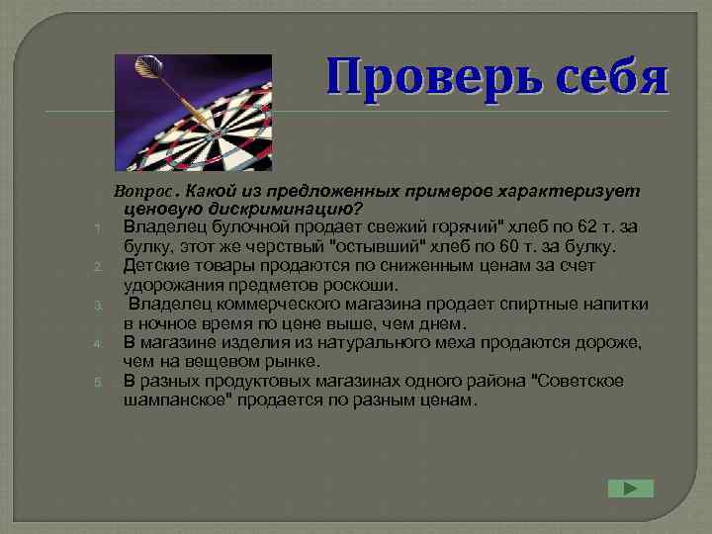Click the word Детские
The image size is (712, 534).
pyautogui.click(x=155, y=266)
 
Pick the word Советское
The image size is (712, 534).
pyautogui.click(x=578, y=381)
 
